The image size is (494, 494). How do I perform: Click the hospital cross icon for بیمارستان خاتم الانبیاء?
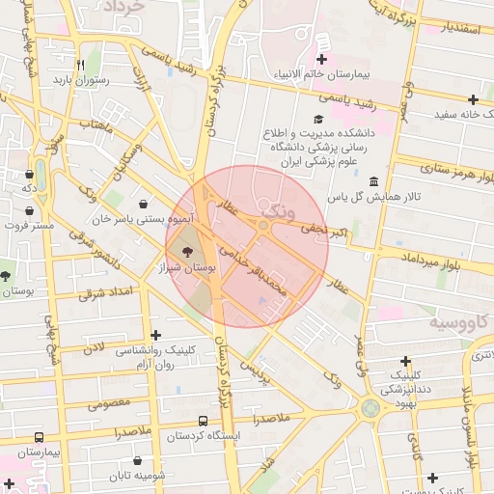pos(321,42)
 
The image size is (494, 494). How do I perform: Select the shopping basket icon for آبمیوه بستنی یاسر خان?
pos(144,205)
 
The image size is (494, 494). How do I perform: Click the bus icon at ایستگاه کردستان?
pos(203,421)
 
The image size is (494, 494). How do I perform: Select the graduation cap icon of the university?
pos(317,120)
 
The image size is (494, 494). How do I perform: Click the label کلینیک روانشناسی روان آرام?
pos(154,358)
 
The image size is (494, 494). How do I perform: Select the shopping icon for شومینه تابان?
pos(138,461)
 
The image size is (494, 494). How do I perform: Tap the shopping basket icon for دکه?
pos(29,175)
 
